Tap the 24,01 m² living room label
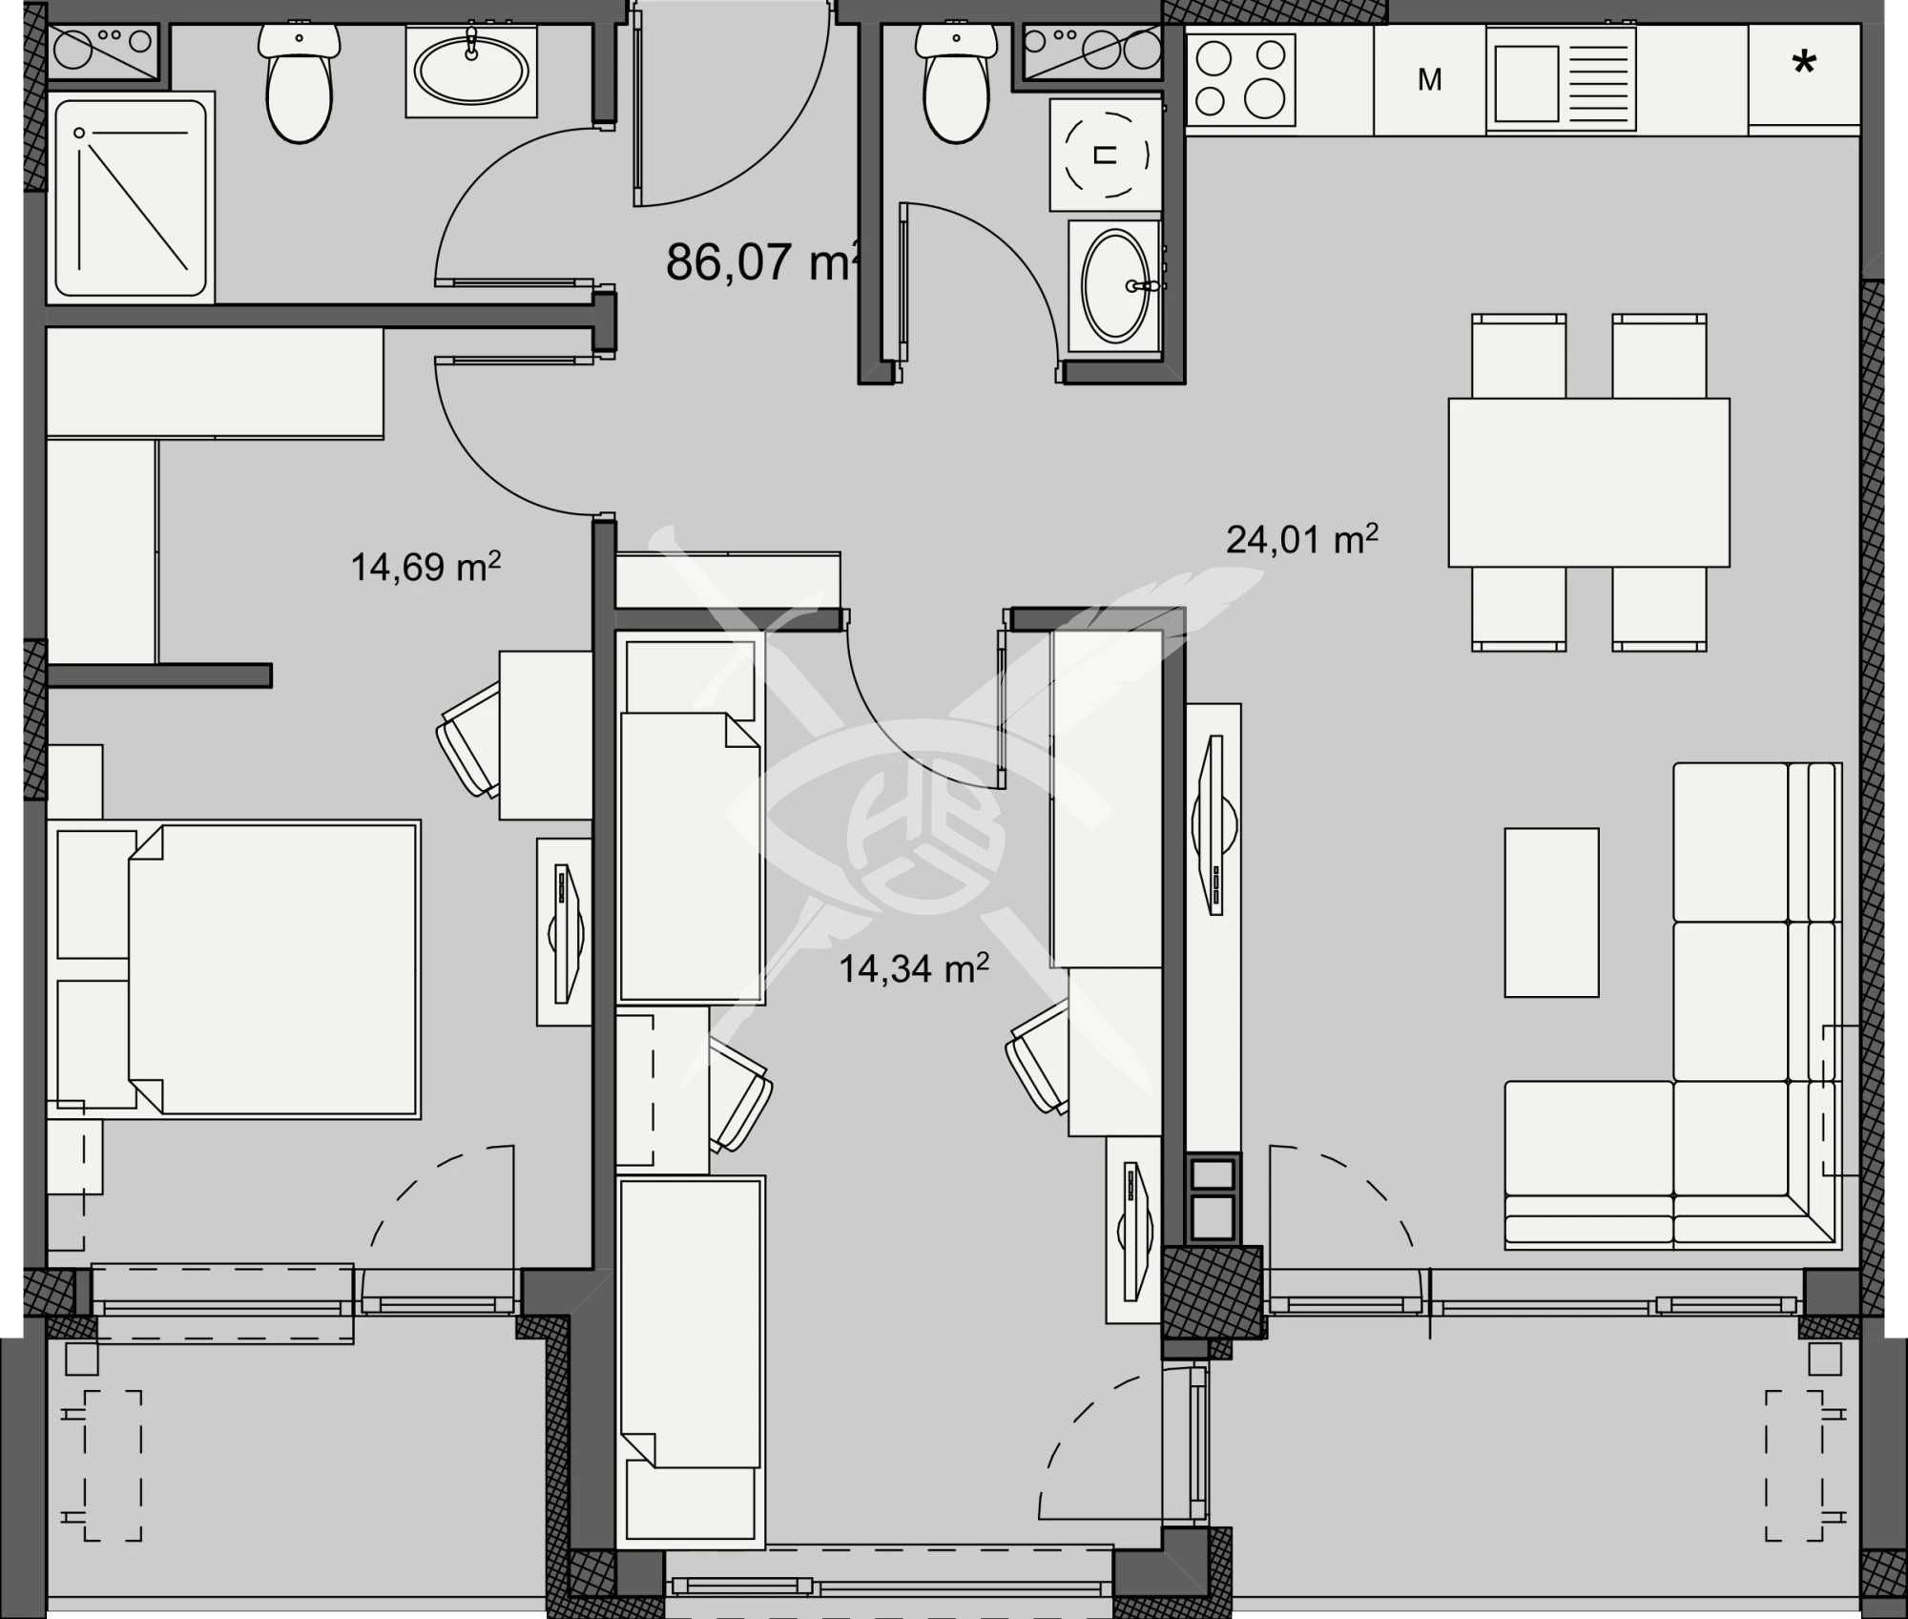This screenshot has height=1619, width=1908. (x=1301, y=540)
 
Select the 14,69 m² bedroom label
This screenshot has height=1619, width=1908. (x=425, y=568)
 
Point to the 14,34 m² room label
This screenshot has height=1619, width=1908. (x=913, y=969)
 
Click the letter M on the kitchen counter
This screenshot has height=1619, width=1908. (x=1429, y=80)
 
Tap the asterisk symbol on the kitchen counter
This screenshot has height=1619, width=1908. (x=1803, y=65)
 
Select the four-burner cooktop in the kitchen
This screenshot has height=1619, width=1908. (x=1240, y=80)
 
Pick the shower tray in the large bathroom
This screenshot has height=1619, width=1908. (x=131, y=198)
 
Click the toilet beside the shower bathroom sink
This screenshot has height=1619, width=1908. (x=300, y=86)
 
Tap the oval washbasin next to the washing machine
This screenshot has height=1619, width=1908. (x=1115, y=285)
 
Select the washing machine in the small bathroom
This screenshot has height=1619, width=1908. (x=1106, y=155)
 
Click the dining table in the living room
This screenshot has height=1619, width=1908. (x=1588, y=483)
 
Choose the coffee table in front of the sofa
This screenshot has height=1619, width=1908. (x=1551, y=912)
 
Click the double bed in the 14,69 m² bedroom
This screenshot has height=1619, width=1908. (x=273, y=969)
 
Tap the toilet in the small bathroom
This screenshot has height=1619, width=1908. (x=956, y=86)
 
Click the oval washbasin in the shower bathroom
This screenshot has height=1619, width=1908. (x=471, y=71)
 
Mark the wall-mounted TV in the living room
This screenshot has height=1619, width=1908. (x=1214, y=824)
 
